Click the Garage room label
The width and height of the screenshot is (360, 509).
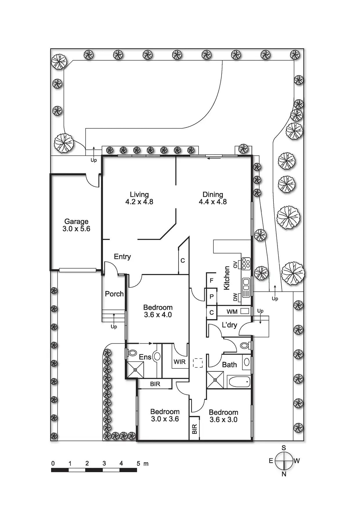pyautogui.click(x=76, y=225)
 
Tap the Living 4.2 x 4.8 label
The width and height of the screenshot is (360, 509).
pyautogui.click(x=139, y=198)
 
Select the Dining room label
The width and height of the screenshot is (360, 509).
pyautogui.click(x=213, y=198)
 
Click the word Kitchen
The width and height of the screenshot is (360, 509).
pyautogui.click(x=227, y=278)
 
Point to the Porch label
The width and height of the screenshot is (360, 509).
pyautogui.click(x=114, y=294)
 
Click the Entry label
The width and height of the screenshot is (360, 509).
pyautogui.click(x=122, y=257)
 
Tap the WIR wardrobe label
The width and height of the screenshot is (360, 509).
pyautogui.click(x=179, y=362)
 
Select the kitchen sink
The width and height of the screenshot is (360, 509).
pyautogui.click(x=246, y=287)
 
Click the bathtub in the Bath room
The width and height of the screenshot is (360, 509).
pyautogui.click(x=239, y=382)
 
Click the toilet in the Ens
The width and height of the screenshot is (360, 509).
pyautogui.click(x=132, y=353)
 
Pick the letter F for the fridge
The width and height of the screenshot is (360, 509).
pyautogui.click(x=212, y=280)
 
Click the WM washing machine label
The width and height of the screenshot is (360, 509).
pyautogui.click(x=232, y=312)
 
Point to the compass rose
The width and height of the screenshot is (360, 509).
pyautogui.click(x=284, y=461)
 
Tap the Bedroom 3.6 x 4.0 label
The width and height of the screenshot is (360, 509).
pyautogui.click(x=158, y=311)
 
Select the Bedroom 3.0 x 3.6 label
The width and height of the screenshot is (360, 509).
pyautogui.click(x=165, y=415)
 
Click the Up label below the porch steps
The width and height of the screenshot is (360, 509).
pyautogui.click(x=114, y=327)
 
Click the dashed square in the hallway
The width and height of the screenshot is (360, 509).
pyautogui.click(x=198, y=363)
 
